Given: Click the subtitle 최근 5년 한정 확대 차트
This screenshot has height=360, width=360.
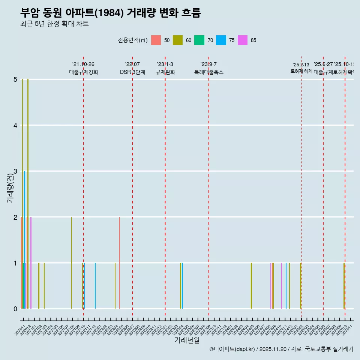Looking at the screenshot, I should [54, 24].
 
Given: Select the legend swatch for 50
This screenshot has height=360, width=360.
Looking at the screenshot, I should [156, 40].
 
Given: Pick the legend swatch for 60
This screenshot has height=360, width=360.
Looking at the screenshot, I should [177, 40].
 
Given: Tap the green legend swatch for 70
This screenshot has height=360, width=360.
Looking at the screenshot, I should [199, 40].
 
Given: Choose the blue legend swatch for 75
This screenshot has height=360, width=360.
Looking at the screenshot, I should [221, 40].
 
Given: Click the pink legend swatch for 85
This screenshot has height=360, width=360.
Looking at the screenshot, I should [243, 40].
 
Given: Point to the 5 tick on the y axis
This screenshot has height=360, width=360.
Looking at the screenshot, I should [15, 79].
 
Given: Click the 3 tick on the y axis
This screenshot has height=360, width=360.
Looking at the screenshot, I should [15, 171].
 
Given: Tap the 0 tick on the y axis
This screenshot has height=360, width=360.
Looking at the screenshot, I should [15, 309].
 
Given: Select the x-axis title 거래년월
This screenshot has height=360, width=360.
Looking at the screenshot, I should [187, 340].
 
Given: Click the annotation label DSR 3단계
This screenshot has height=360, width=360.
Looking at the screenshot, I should [132, 72].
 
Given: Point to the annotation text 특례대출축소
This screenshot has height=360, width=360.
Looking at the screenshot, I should [208, 72].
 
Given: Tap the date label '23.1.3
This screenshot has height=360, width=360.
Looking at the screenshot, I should [165, 64].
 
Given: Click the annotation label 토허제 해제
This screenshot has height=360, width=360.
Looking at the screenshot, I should [301, 71].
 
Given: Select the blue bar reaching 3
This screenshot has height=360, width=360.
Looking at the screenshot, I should [25, 240].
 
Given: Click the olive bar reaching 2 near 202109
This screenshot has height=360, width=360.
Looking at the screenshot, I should [72, 262].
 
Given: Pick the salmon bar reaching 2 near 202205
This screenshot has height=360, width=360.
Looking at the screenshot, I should [120, 262].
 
